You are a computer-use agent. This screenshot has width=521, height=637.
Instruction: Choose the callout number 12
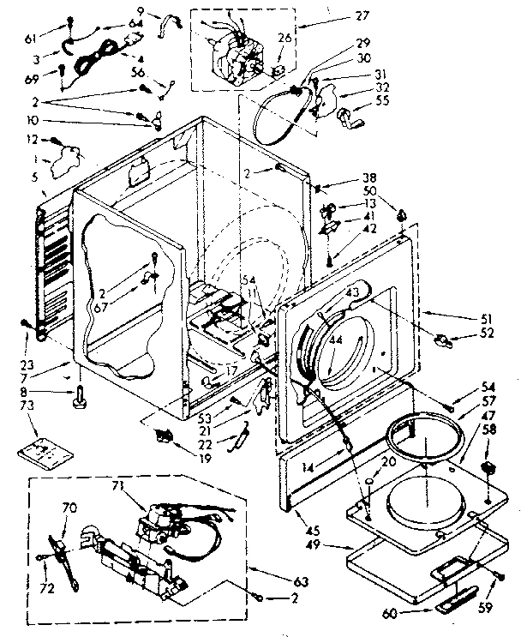coord(33,139)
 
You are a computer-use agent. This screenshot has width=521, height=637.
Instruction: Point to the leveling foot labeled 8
coord(80,395)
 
